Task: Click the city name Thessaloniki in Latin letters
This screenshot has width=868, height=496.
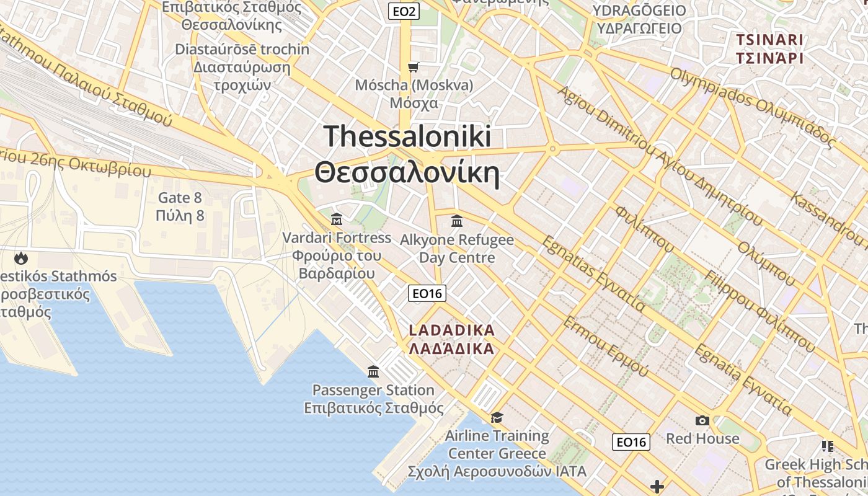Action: click(x=407, y=136)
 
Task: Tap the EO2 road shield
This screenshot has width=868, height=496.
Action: click(x=405, y=11)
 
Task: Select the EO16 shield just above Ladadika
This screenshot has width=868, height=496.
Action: click(x=427, y=293)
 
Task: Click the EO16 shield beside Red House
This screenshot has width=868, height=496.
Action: click(x=631, y=442)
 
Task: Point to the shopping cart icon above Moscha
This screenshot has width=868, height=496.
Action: click(x=413, y=66)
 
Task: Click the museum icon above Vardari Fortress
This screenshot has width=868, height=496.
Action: click(x=337, y=219)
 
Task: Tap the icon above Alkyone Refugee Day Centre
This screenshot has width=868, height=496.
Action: click(x=457, y=221)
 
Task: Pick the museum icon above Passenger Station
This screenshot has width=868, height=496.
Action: click(x=373, y=371)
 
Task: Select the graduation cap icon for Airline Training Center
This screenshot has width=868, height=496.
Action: click(x=497, y=417)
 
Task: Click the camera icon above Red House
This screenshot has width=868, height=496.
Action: click(x=702, y=421)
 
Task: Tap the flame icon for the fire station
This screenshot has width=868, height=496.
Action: click(x=22, y=258)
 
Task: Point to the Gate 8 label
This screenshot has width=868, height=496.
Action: click(x=180, y=198)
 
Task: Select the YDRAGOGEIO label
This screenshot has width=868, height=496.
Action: click(x=639, y=11)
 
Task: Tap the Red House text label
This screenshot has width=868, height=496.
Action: click(x=702, y=439)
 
